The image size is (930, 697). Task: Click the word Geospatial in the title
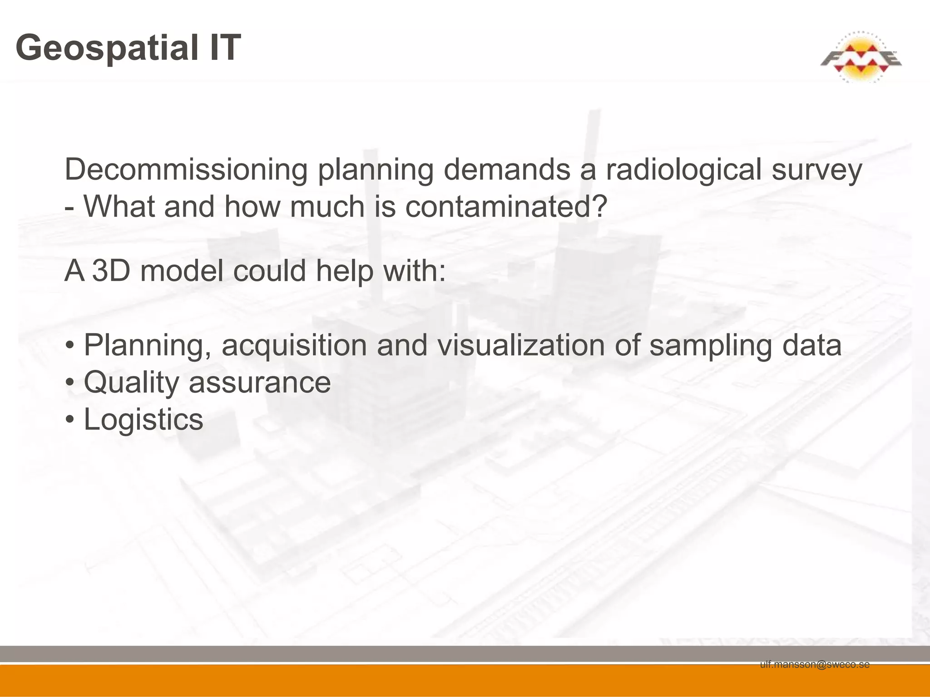coord(107,48)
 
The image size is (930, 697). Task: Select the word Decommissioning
coord(186,170)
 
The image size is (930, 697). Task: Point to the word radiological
coord(683,170)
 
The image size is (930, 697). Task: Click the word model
coord(182,270)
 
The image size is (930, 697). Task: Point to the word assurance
coord(259,383)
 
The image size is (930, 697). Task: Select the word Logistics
coord(143,420)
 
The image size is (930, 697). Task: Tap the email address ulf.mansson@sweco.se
coord(815,664)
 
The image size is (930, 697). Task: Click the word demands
coord(506,170)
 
